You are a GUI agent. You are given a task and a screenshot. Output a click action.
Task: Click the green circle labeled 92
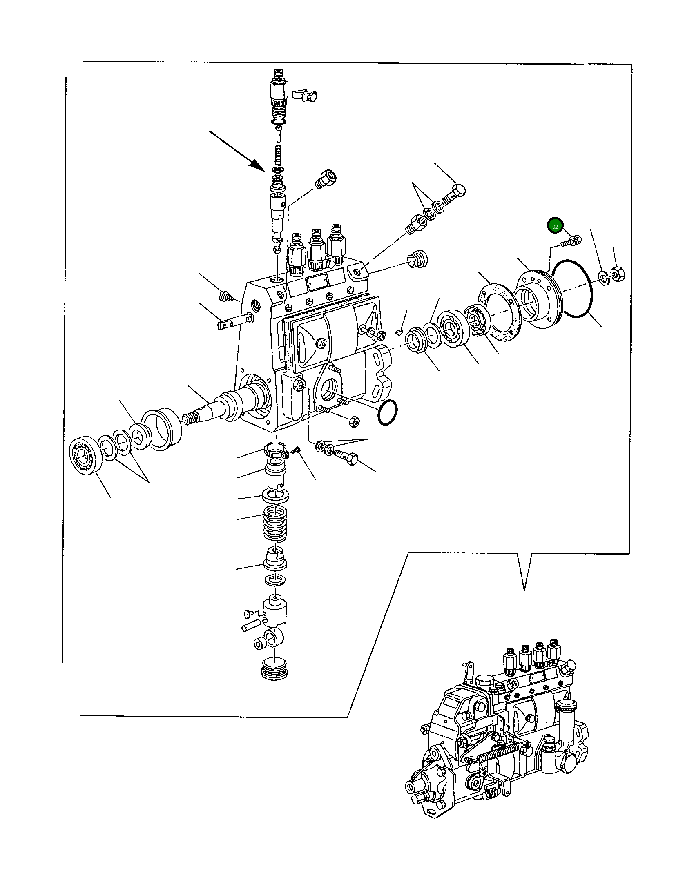[555, 226]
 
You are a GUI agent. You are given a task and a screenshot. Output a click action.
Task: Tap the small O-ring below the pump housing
[388, 412]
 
